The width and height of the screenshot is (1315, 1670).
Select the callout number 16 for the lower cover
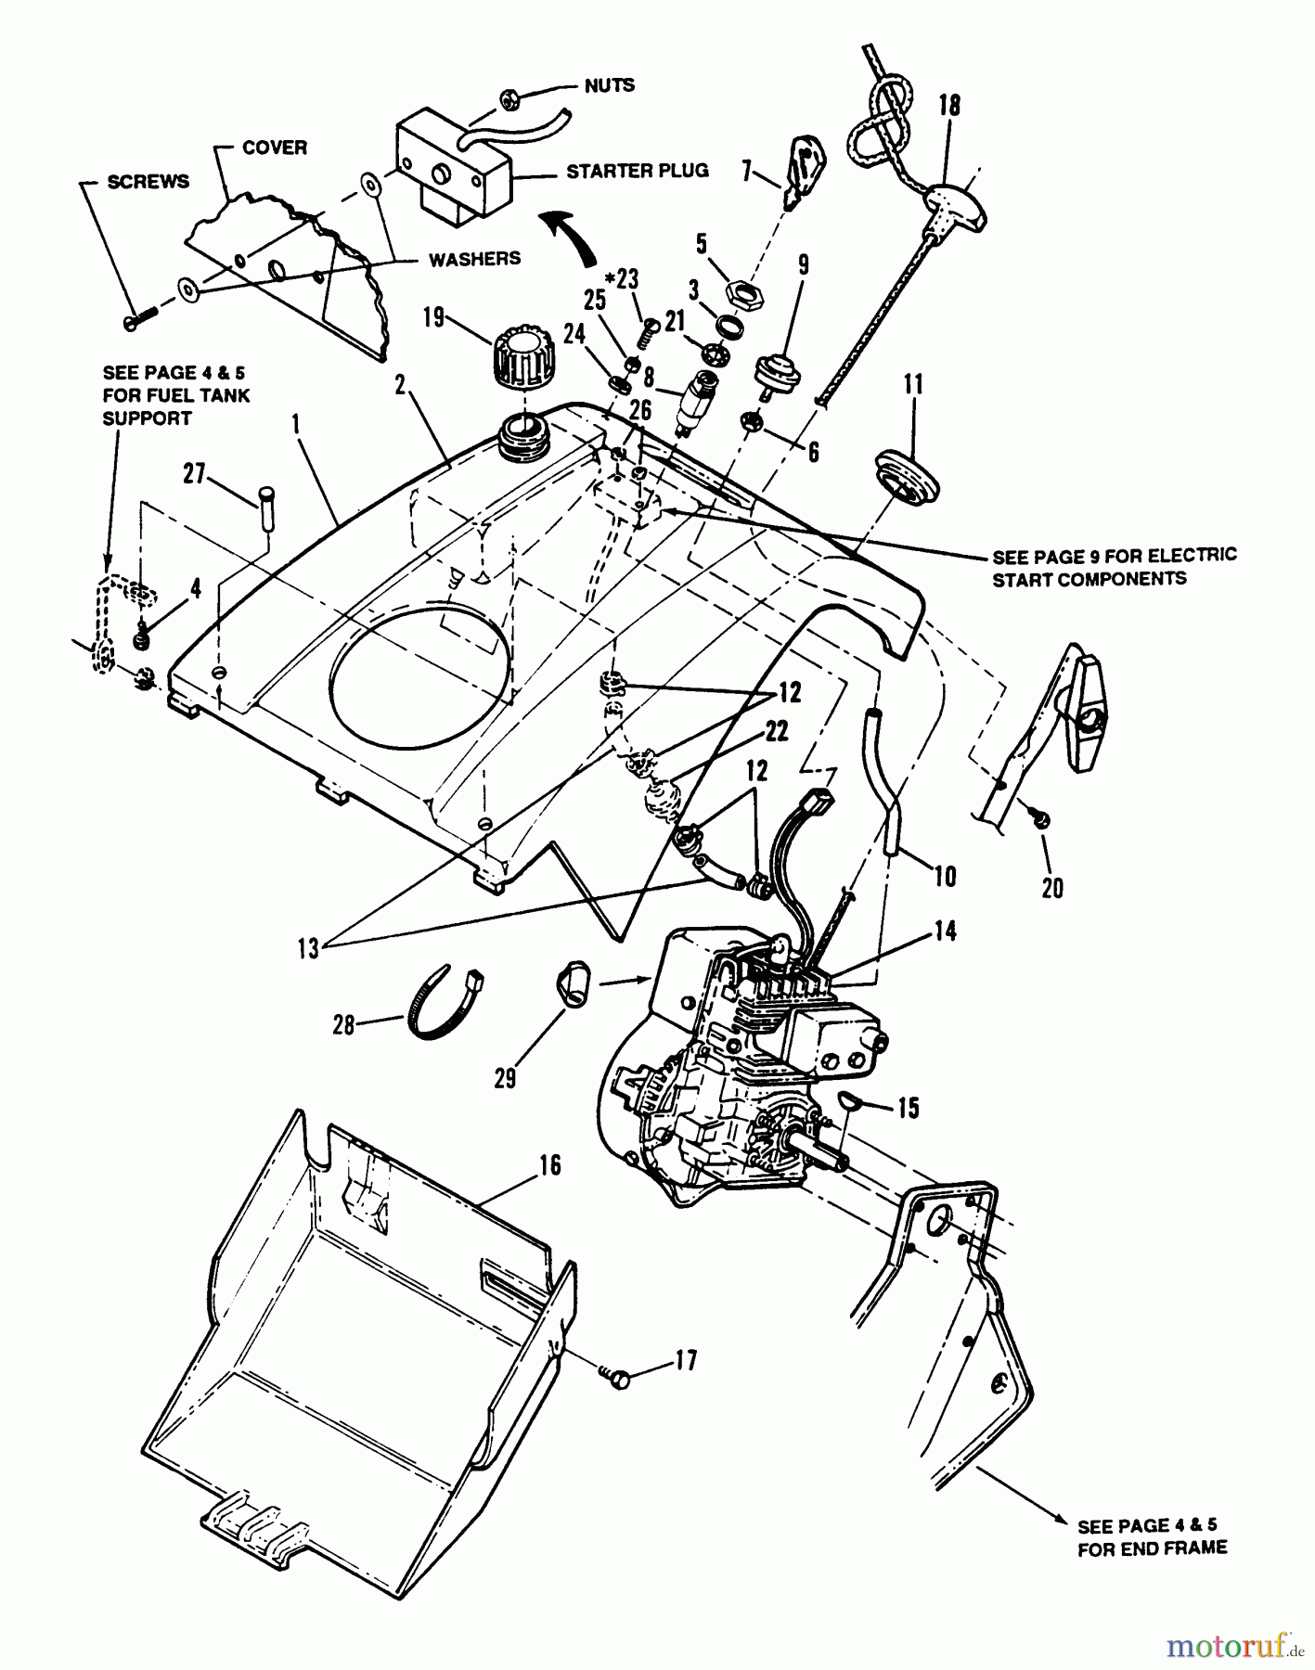point(550,1163)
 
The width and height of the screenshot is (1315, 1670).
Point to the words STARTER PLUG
point(637,171)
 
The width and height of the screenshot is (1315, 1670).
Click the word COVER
point(275,148)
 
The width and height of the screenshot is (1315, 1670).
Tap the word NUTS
point(610,85)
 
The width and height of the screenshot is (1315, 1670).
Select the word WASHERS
point(474,259)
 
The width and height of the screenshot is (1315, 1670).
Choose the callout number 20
point(1052,888)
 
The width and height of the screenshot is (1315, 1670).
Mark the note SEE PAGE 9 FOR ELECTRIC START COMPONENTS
point(1115,566)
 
